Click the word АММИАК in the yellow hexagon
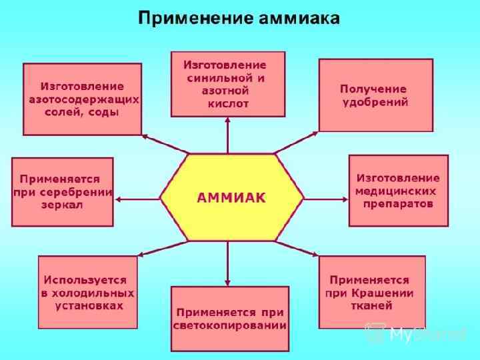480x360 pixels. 231,197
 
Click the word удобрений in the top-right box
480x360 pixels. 375,102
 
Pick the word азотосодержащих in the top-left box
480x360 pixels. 84,99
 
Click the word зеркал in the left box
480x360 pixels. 61,205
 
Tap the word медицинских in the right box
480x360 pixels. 398,191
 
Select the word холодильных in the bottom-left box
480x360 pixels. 87,293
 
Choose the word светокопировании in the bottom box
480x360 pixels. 230,325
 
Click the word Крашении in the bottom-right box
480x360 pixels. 388,293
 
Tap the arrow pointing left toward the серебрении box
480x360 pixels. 137,198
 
